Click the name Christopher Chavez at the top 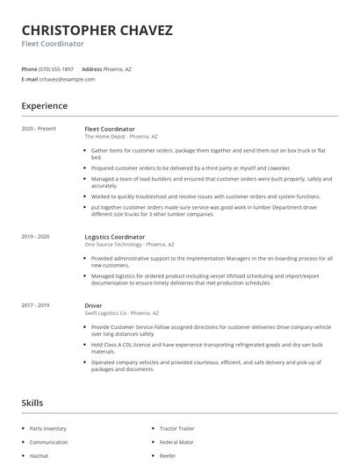[x=97, y=30]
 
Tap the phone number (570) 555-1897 [x=57, y=68]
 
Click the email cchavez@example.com [x=67, y=79]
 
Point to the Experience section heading [x=44, y=106]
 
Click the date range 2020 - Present [x=39, y=129]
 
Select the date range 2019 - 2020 [x=35, y=237]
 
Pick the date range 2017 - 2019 [x=35, y=305]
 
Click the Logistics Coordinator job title [x=114, y=237]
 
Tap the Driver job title [x=93, y=305]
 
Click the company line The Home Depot [x=121, y=137]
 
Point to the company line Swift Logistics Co [x=121, y=313]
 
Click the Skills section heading [x=32, y=403]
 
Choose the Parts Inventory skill [x=47, y=428]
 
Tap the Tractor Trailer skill [x=176, y=428]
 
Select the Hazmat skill [x=40, y=455]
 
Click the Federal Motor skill [x=176, y=442]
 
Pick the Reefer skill [x=168, y=455]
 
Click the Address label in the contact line [x=91, y=68]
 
